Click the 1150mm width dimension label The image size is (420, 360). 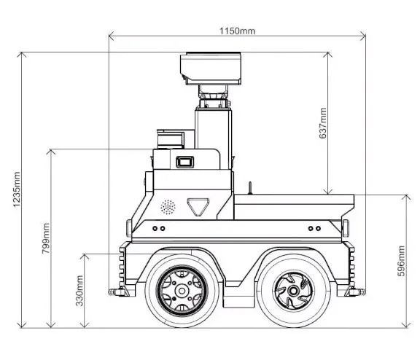237,31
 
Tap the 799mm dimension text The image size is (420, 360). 46,237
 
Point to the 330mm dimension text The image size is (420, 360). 79,290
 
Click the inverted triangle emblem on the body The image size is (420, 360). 197,206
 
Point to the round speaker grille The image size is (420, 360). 168,206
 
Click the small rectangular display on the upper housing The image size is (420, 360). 184,162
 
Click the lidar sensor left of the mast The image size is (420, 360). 172,138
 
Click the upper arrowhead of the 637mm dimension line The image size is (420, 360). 329,54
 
